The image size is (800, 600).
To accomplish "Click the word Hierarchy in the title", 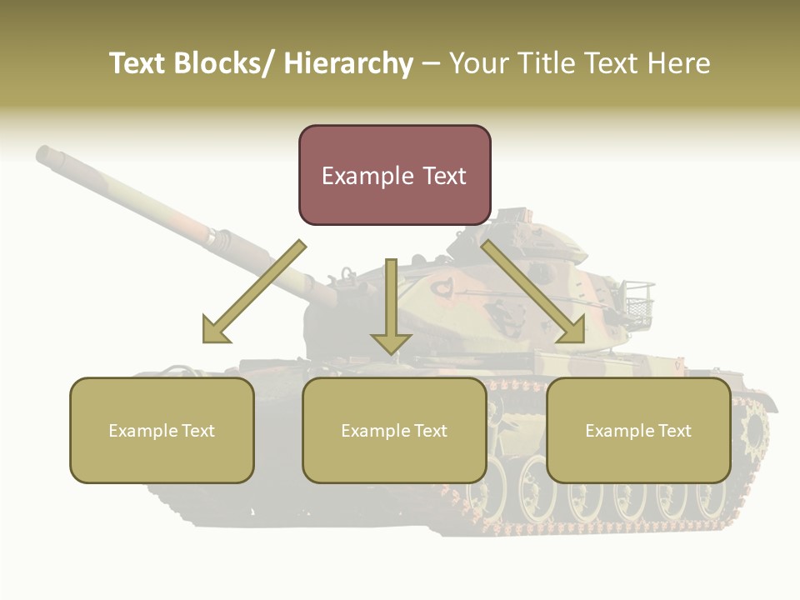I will pos(348,64).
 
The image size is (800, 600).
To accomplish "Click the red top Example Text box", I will pos(394,175).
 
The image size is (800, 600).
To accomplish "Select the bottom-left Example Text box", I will pos(162,431).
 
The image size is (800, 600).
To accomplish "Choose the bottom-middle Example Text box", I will pos(394,431).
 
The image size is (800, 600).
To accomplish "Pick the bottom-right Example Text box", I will pos(638,431).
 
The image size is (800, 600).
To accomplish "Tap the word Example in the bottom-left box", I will pos(142,431).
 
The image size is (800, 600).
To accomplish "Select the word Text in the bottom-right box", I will pos(674,431).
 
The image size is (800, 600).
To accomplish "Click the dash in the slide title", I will pos(431,64).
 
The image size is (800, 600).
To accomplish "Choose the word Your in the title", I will pos(479,64).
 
